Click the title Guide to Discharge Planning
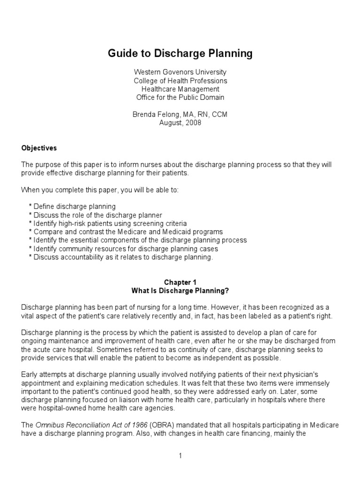coord(180,54)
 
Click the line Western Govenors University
coord(180,72)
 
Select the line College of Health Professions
coord(180,80)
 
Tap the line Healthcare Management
coord(180,89)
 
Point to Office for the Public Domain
coord(180,97)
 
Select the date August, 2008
coord(180,123)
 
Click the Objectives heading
coord(39,148)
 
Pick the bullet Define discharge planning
coord(74,207)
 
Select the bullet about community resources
coord(126,249)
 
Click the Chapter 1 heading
coord(180,282)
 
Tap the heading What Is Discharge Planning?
coord(180,290)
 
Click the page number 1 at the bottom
coord(180,456)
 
